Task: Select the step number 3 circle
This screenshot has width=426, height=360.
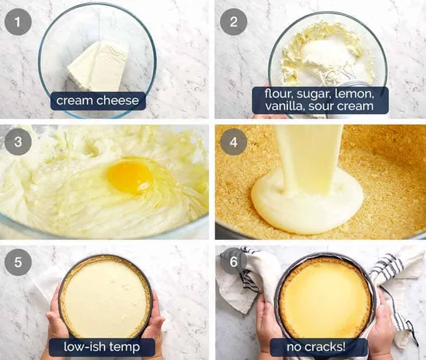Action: tap(18, 142)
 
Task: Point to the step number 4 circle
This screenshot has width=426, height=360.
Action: tap(233, 142)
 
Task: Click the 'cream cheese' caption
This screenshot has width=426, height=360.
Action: tap(97, 101)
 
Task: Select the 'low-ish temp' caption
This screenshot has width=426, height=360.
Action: tap(101, 346)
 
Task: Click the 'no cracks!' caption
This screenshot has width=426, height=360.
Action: tap(319, 346)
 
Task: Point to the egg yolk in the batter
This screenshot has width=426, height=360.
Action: tap(130, 177)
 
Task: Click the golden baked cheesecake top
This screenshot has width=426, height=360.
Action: tap(325, 300)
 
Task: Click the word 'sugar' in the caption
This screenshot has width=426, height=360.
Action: tap(315, 93)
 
